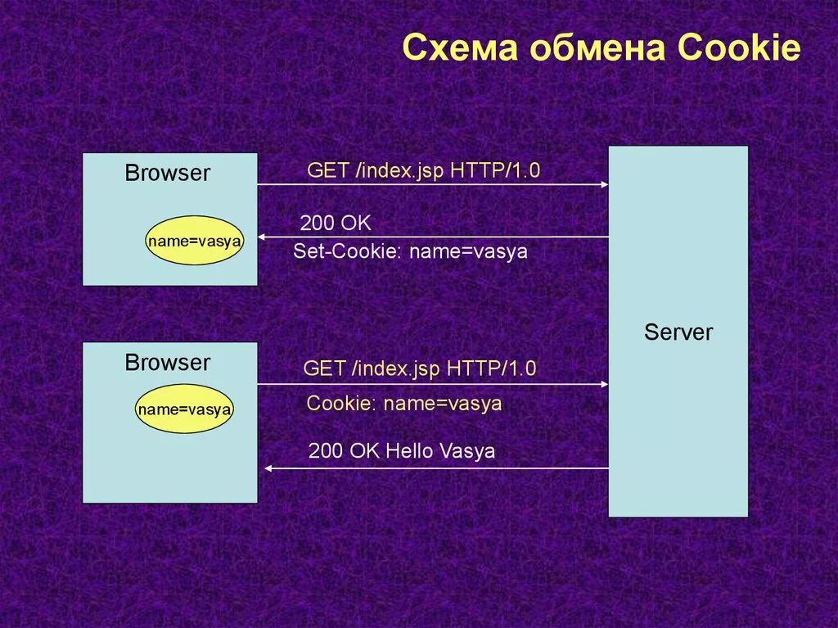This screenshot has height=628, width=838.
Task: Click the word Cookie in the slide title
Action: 739,48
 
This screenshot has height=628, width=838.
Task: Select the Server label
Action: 678,332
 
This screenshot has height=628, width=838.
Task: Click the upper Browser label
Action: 168,173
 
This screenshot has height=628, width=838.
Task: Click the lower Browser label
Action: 168,363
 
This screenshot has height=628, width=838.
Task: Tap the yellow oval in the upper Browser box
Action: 195,240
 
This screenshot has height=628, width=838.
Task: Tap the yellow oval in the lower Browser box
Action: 184,409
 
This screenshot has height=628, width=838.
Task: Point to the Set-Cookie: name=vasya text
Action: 410,252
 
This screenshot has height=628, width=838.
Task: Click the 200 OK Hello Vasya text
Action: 402,451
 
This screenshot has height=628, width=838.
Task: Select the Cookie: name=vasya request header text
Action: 403,404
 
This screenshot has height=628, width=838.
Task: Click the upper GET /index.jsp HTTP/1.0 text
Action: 424,170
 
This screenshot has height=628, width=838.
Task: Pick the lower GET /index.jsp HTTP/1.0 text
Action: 420,368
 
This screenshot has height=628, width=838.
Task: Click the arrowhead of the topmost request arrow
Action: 604,184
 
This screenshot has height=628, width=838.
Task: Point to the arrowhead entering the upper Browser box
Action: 262,237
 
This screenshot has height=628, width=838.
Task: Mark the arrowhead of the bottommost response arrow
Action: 268,468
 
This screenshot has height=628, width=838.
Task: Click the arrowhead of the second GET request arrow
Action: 604,383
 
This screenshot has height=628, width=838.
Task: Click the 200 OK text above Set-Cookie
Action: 336,224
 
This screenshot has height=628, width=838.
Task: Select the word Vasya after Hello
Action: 467,451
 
